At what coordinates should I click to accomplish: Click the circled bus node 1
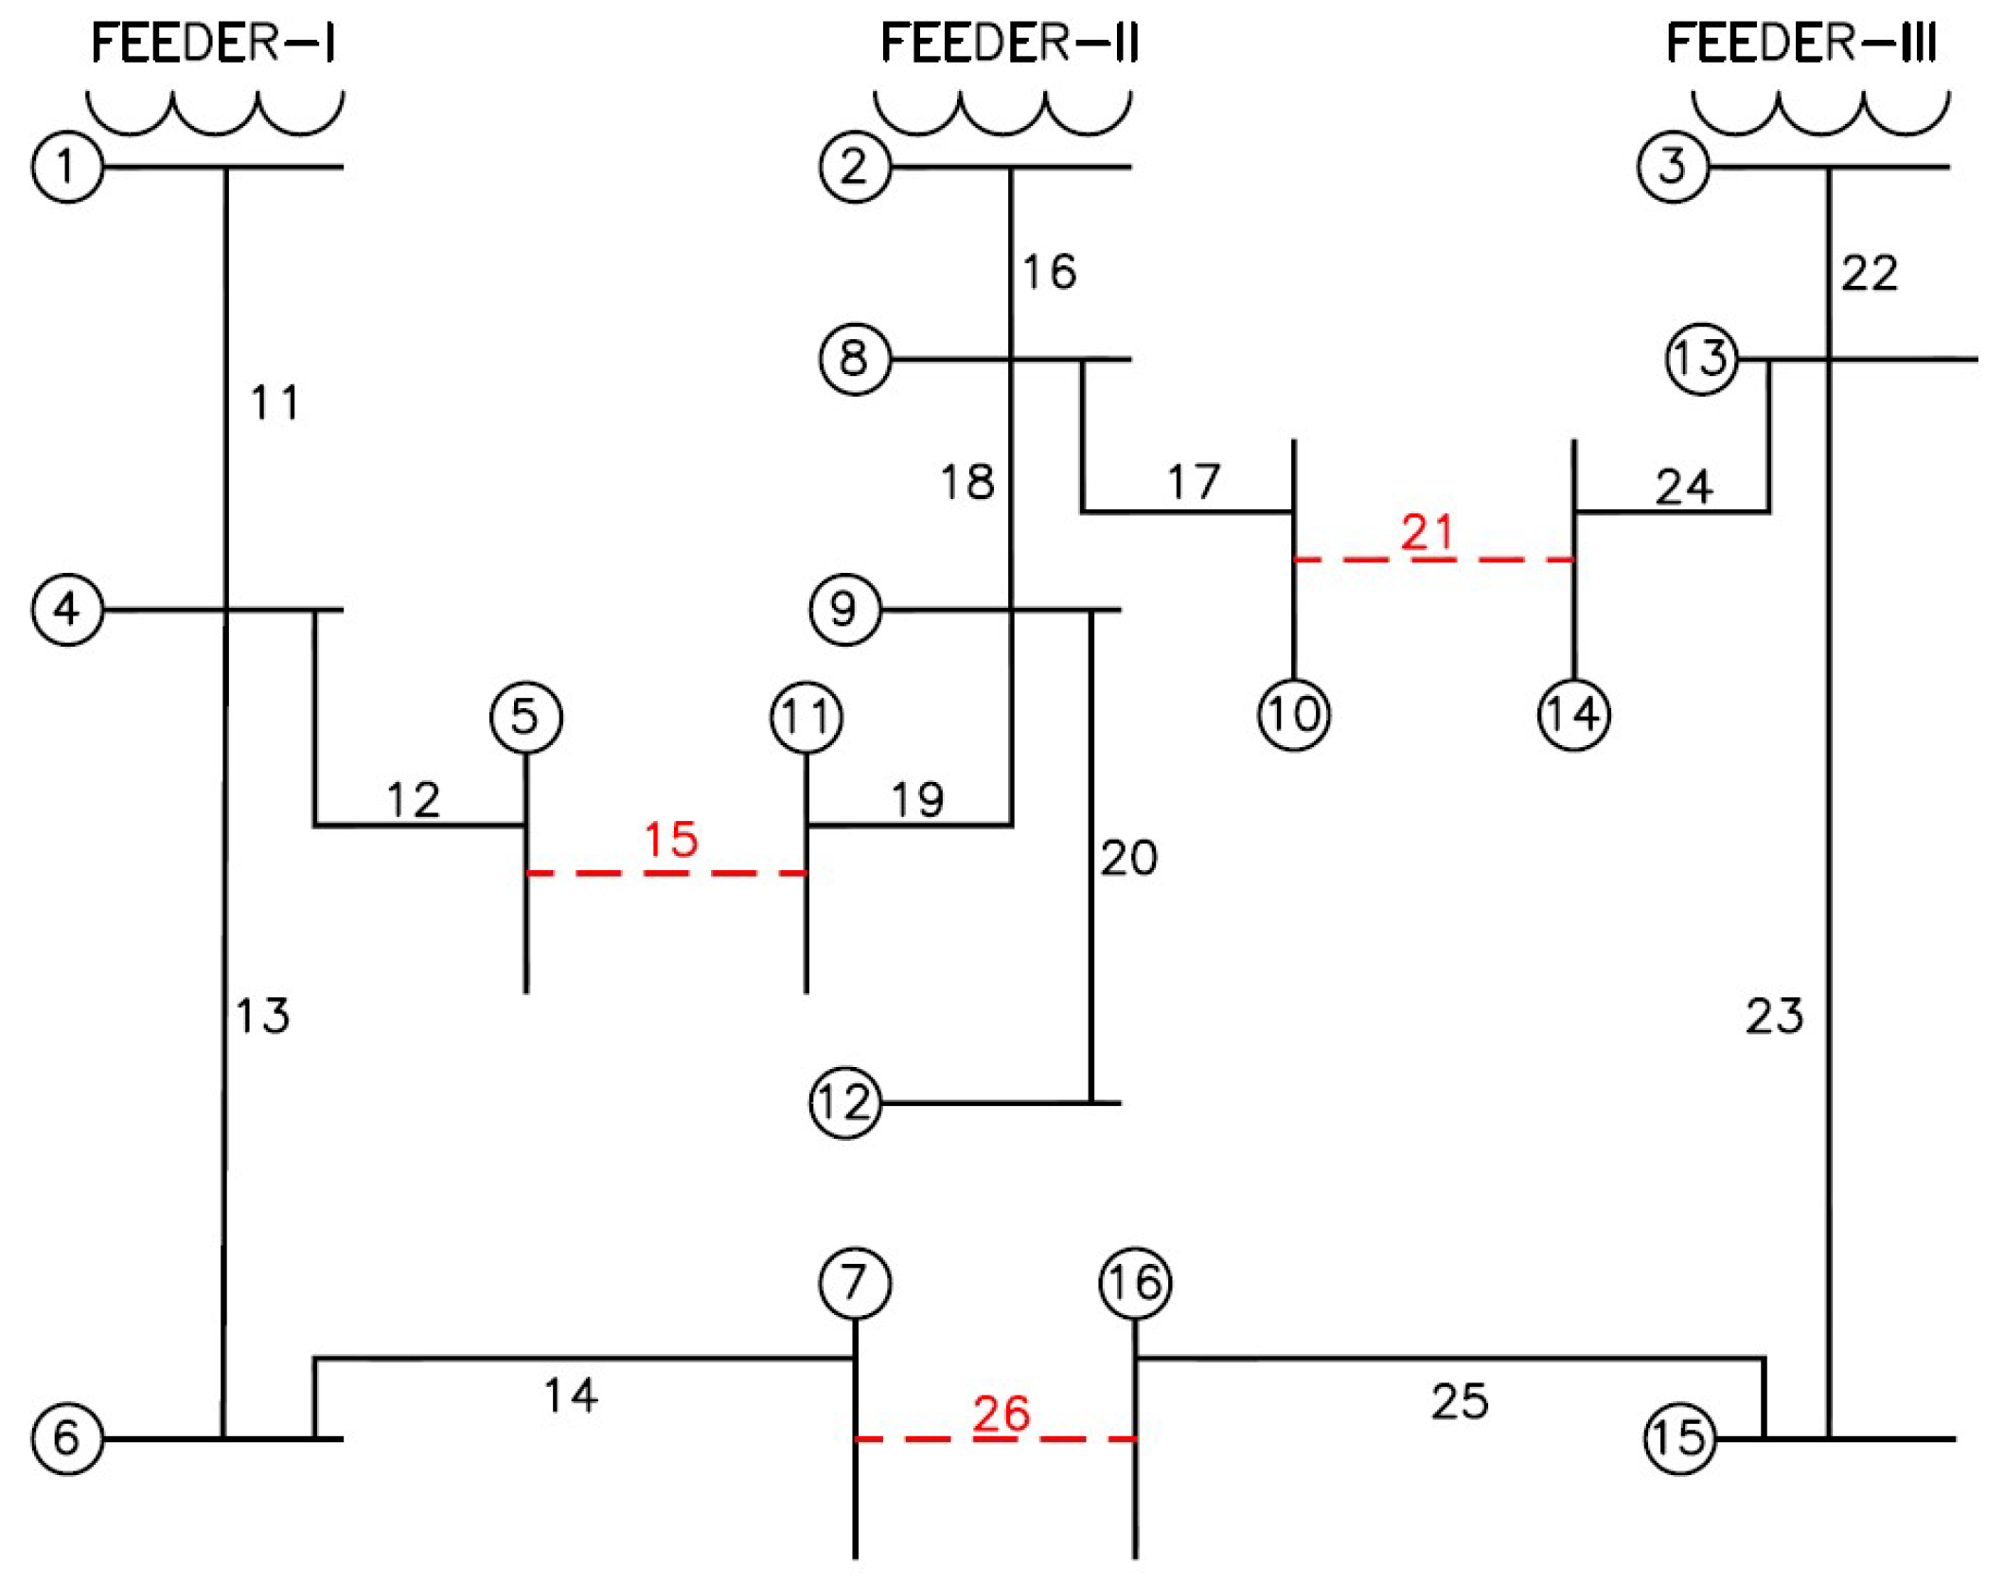pyautogui.click(x=67, y=167)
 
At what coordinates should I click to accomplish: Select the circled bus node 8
pyautogui.click(x=855, y=359)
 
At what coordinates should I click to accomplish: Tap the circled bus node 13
pyautogui.click(x=1701, y=359)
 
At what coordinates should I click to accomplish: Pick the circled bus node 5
pyautogui.click(x=526, y=717)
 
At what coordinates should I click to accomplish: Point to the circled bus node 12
pyautogui.click(x=845, y=1103)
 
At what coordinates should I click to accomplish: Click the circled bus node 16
pyautogui.click(x=1135, y=1283)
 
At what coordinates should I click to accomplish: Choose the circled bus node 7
pyautogui.click(x=855, y=1283)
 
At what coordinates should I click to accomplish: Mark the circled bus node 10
pyautogui.click(x=1294, y=715)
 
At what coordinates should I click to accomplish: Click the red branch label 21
pyautogui.click(x=1427, y=532)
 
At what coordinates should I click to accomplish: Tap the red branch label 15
pyautogui.click(x=670, y=840)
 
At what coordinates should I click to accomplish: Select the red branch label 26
pyautogui.click(x=1001, y=1415)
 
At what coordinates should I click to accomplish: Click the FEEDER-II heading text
pyautogui.click(x=1009, y=44)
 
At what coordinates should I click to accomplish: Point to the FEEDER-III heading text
pyautogui.click(x=1800, y=44)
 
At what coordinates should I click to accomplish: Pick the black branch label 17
pyautogui.click(x=1194, y=483)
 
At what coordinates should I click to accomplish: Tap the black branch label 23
pyautogui.click(x=1774, y=1016)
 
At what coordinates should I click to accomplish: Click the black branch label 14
pyautogui.click(x=571, y=1396)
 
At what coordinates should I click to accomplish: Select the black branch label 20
pyautogui.click(x=1128, y=858)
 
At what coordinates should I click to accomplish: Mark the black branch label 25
pyautogui.click(x=1459, y=1401)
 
